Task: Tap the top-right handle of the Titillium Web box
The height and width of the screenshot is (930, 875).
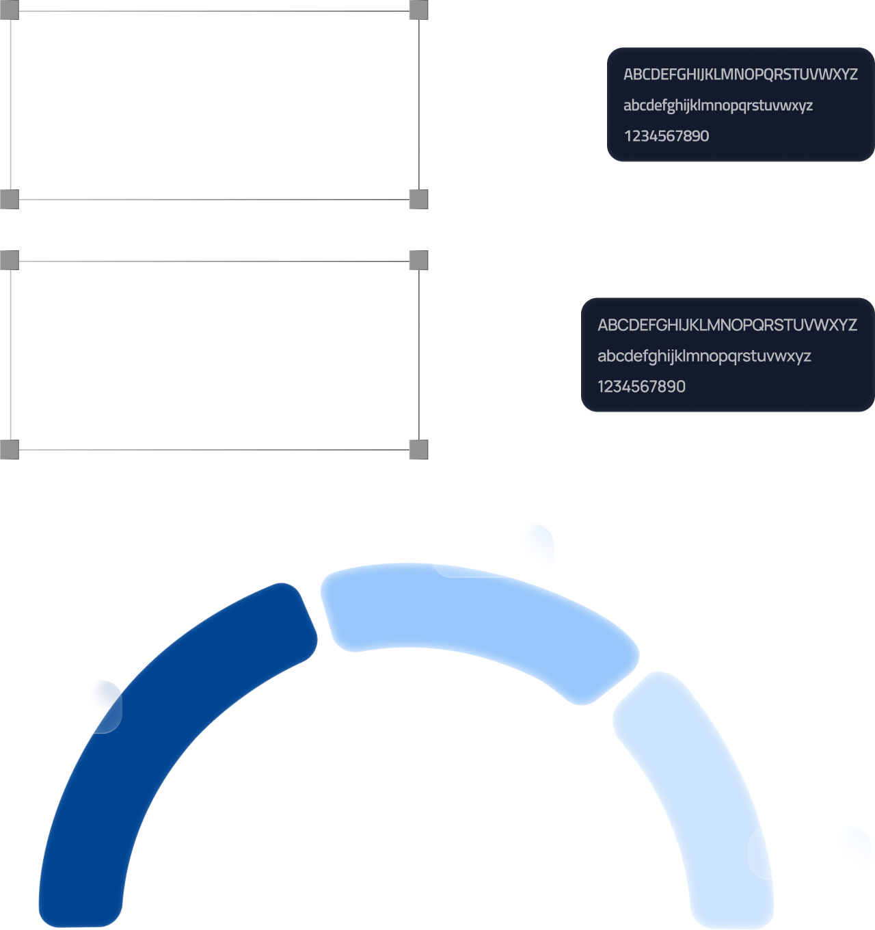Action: tap(418, 10)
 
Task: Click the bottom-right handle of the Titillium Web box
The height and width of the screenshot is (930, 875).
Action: tap(418, 200)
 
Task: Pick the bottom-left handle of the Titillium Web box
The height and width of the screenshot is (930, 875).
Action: tap(9, 200)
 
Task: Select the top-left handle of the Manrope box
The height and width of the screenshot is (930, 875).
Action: tap(9, 260)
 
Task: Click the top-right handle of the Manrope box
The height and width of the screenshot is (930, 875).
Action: tap(418, 260)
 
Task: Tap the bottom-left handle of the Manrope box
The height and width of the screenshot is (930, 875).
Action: tap(9, 449)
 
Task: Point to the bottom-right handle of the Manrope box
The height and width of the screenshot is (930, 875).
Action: tap(418, 449)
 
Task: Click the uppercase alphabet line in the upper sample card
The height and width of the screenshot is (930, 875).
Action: tap(740, 75)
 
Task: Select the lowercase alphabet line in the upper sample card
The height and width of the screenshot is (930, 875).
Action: tap(718, 106)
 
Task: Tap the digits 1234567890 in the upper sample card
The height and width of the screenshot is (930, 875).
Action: tap(667, 136)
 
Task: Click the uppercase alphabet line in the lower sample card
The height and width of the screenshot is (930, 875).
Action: tap(727, 325)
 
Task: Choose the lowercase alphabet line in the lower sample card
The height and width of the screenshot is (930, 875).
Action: tap(704, 356)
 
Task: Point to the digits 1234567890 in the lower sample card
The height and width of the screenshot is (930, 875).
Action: tap(641, 387)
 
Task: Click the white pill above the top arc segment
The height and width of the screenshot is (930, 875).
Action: tap(492, 550)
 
